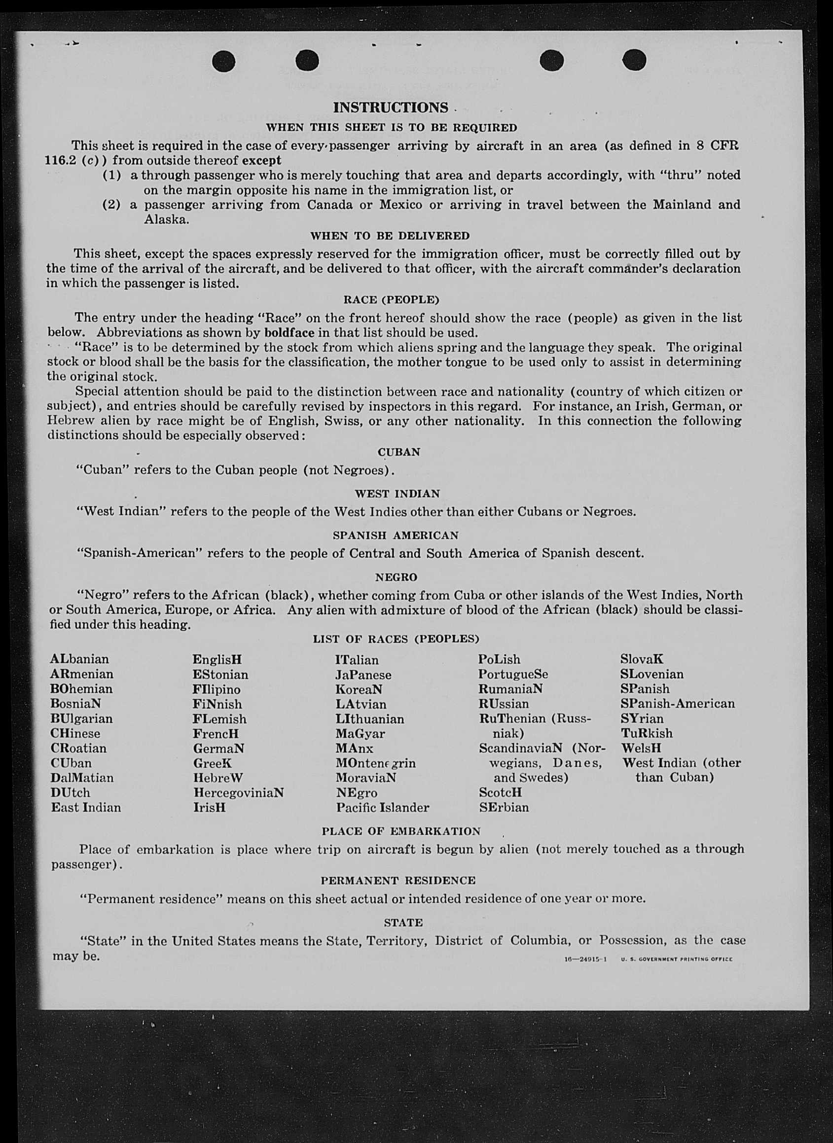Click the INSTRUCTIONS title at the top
(390, 107)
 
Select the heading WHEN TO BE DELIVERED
(390, 236)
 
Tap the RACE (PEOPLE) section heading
(391, 300)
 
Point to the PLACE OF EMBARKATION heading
(401, 831)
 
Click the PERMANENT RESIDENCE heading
(398, 880)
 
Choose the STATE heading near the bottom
(403, 923)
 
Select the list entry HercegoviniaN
(239, 792)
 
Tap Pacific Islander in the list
(383, 808)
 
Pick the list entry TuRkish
(647, 734)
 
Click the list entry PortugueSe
(513, 675)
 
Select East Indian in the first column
(86, 808)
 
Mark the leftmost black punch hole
(224, 62)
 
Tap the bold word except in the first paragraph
(262, 161)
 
